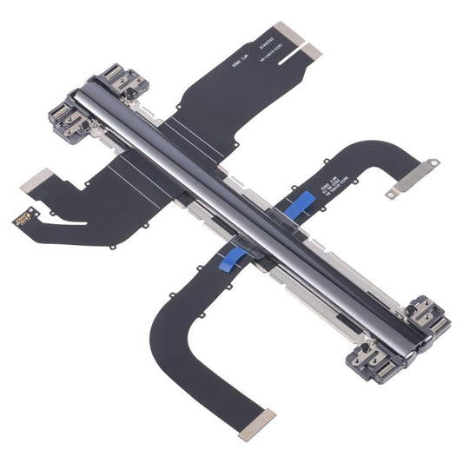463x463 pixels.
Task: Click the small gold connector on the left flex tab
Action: point(24,216)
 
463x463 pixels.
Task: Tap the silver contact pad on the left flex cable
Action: point(35,181)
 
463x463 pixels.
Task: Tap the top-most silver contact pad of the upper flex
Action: point(286,34)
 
